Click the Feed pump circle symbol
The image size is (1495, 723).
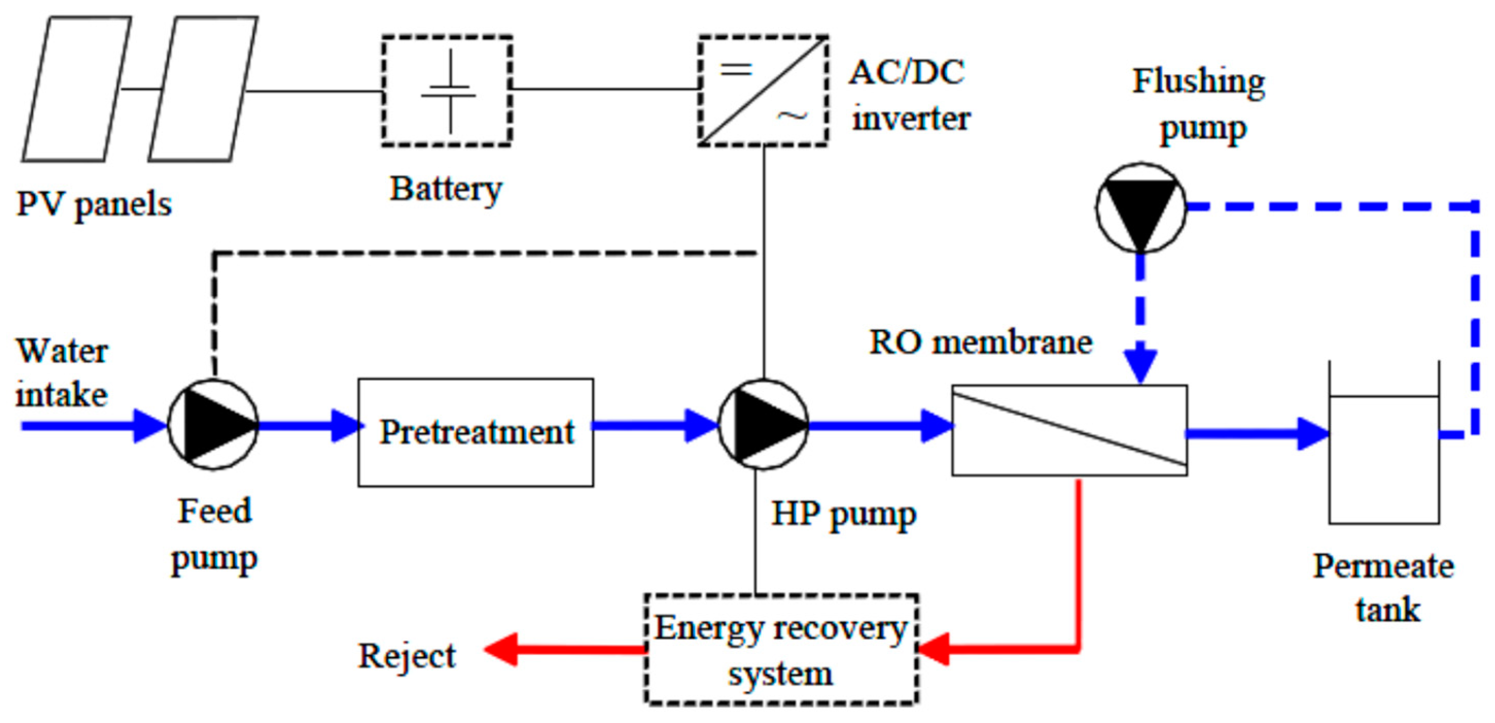(213, 424)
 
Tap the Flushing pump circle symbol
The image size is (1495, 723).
(1141, 208)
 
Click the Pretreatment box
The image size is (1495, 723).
(476, 432)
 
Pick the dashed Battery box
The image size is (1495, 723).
(447, 91)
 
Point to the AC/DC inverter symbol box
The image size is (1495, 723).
(763, 91)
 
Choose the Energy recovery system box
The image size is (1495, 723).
(781, 649)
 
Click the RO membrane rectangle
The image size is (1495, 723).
(1069, 431)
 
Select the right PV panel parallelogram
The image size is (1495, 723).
(203, 89)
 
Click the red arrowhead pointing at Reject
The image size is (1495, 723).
(500, 649)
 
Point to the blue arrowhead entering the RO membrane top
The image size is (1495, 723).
(1141, 365)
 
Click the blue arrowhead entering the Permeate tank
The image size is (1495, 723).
(1313, 433)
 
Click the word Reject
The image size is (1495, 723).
(407, 656)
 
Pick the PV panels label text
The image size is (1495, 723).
(94, 204)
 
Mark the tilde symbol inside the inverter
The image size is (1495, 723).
(792, 117)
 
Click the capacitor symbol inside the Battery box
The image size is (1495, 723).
(449, 91)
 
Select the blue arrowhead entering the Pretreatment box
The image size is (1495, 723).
(346, 426)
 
